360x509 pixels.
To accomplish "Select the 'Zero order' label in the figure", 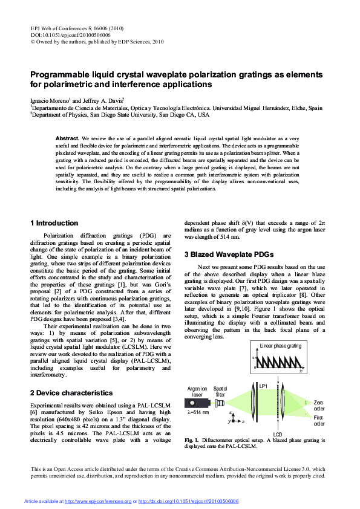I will [319, 405].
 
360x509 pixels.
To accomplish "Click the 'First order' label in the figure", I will [319, 421].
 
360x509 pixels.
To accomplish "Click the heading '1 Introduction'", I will [54, 223].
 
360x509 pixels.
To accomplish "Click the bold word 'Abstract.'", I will [67, 138].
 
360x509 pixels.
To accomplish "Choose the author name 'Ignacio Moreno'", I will [50, 100].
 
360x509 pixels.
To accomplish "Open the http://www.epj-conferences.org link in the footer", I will [97, 502].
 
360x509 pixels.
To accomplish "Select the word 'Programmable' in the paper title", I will [61, 75].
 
